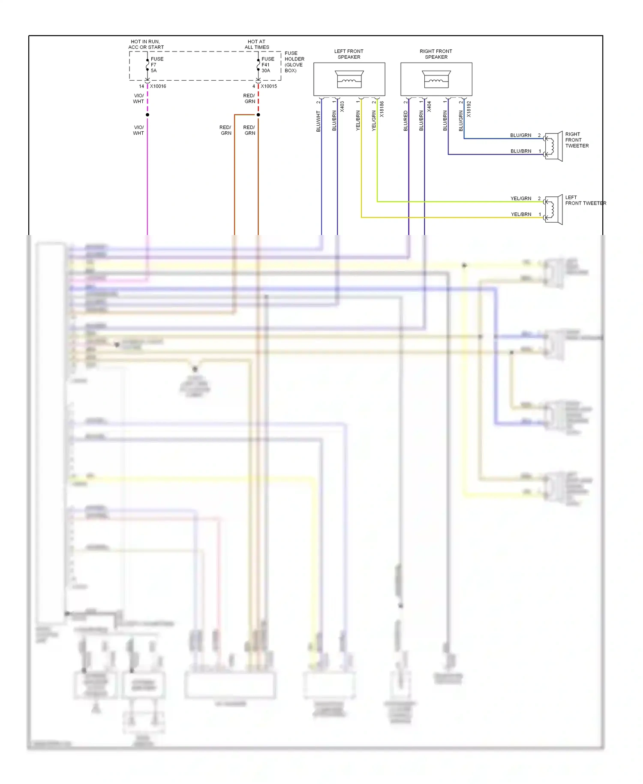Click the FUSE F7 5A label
pos(156,65)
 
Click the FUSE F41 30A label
pos(267,65)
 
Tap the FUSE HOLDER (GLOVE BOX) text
pos(294,62)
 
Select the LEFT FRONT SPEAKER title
pos(349,54)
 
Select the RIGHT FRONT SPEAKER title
pos(436,54)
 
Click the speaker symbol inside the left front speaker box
pos(349,79)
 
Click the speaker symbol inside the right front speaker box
pos(436,79)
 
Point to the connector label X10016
pos(158,86)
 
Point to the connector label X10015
pos(269,86)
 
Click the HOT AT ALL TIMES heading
pos(257,45)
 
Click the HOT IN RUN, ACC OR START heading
pos(146,45)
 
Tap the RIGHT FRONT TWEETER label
pos(577,140)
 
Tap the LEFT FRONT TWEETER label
pos(585,200)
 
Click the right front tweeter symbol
pos(553,147)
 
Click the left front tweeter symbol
pos(553,210)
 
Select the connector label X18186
pos(382,109)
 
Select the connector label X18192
pos(469,109)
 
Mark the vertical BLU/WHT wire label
pos(318,121)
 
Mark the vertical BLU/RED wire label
pos(406,121)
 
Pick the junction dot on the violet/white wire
pos(147,115)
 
